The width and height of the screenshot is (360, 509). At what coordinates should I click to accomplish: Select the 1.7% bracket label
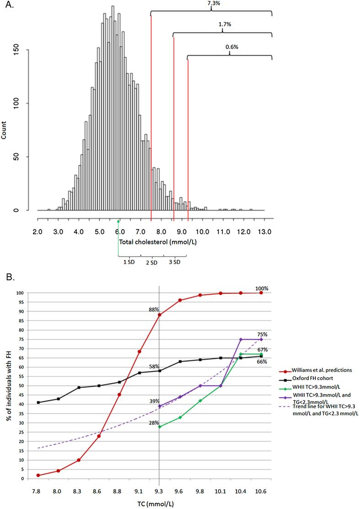(222, 24)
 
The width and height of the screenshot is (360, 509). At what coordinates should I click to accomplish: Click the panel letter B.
(8, 277)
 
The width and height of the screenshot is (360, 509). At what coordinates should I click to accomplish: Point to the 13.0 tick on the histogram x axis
(264, 233)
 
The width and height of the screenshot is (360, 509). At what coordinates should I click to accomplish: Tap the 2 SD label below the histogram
(151, 262)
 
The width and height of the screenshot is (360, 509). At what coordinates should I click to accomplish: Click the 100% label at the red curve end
(262, 288)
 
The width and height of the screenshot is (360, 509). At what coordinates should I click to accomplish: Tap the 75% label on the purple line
(262, 334)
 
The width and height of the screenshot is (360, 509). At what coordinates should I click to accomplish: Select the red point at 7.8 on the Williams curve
(38, 475)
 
